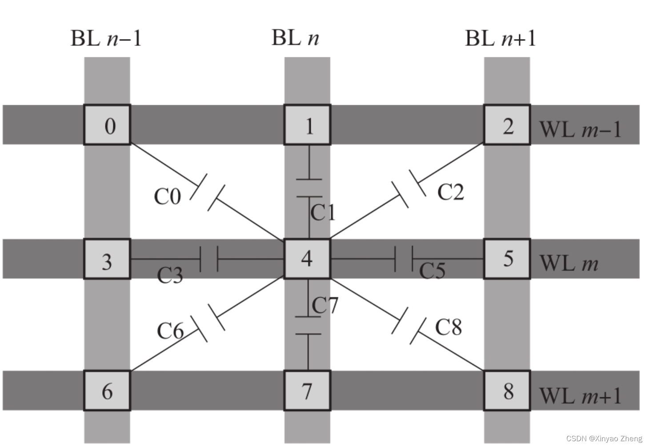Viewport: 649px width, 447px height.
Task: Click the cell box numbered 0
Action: pyautogui.click(x=107, y=125)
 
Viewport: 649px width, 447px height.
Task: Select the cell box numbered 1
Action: pyautogui.click(x=307, y=125)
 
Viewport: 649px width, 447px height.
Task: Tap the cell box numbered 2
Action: pyautogui.click(x=507, y=125)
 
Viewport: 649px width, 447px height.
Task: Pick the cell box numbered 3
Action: pyautogui.click(x=107, y=259)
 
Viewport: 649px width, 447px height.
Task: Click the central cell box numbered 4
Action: pyautogui.click(x=307, y=259)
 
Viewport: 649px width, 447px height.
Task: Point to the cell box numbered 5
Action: pyautogui.click(x=507, y=259)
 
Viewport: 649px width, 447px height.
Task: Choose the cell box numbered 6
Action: pyautogui.click(x=107, y=391)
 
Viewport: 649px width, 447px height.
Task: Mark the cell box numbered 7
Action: pyautogui.click(x=307, y=391)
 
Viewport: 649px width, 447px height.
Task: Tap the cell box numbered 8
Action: pyautogui.click(x=507, y=391)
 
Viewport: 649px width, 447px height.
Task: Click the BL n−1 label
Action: pyautogui.click(x=106, y=38)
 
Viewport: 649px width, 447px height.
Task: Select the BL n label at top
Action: pyautogui.click(x=295, y=38)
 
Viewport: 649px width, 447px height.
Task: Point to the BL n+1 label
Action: pyautogui.click(x=500, y=38)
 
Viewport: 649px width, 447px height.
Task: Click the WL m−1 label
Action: pyautogui.click(x=580, y=129)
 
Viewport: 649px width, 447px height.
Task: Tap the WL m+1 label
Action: pyautogui.click(x=580, y=395)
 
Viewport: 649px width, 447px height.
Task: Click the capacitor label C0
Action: pyautogui.click(x=167, y=196)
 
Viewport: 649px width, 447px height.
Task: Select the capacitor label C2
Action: pyautogui.click(x=450, y=192)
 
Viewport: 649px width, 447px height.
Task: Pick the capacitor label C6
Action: pyautogui.click(x=170, y=331)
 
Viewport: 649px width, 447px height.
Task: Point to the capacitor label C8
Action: pyautogui.click(x=448, y=327)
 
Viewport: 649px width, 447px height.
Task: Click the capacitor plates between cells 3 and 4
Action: pyautogui.click(x=209, y=259)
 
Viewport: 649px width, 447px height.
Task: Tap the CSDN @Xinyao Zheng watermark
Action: pyautogui.click(x=604, y=438)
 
